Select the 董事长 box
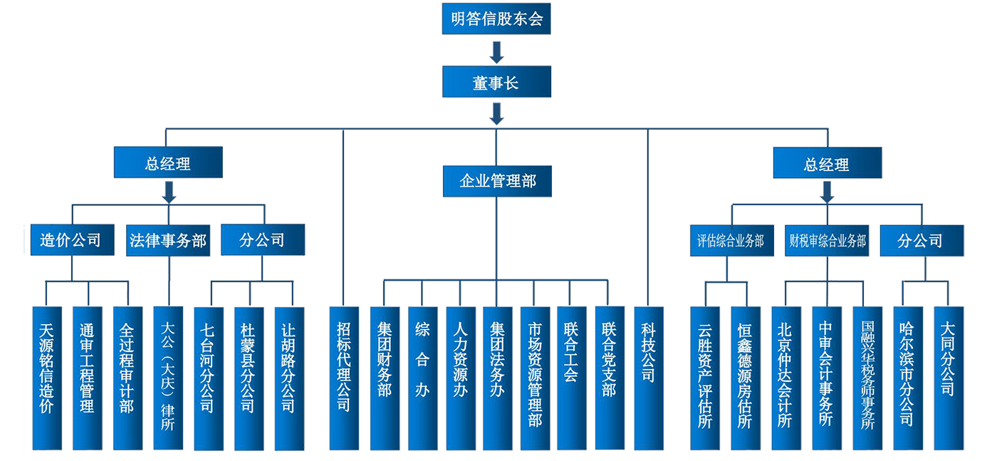496,83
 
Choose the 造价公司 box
70,240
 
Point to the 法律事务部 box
167,240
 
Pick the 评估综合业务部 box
730,241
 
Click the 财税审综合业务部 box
828,241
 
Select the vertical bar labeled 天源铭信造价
47,378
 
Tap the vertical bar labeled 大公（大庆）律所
168,378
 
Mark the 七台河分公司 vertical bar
207,378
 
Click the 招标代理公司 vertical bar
344,378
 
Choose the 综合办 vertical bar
422,378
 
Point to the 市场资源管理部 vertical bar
536,378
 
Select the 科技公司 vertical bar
648,378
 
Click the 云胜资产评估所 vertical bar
705,378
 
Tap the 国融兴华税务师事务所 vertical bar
867,378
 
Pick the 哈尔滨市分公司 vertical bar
907,378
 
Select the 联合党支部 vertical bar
610,378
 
